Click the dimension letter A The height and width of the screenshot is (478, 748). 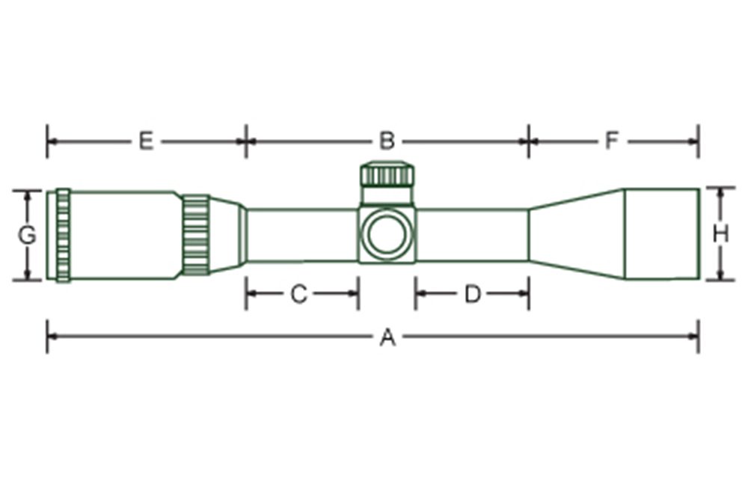coord(387,339)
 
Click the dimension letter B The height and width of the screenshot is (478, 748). coord(386,141)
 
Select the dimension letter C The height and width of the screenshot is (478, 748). coord(298,295)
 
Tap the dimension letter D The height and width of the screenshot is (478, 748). coord(472,295)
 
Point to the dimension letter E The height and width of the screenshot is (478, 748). coord(146,141)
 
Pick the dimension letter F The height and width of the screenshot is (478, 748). coord(612,141)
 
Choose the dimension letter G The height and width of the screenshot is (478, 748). coord(27,236)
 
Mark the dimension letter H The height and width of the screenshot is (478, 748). coord(720,235)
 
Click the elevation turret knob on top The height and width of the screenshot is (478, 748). coord(387,176)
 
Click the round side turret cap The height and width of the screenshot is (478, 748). coord(387,234)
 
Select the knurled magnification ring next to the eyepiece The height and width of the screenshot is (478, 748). coord(196,235)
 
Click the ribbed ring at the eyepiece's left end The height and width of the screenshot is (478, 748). coord(63,235)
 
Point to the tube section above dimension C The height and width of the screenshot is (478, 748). coord(301,235)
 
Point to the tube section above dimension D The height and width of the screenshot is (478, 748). coord(472,235)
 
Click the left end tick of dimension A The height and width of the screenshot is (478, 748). coord(48,336)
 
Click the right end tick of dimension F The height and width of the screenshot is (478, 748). coord(698,141)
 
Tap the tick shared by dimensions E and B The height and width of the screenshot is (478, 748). coord(246,141)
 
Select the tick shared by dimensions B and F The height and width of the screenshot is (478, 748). coord(529,141)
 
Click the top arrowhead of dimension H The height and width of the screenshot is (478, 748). coord(720,192)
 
